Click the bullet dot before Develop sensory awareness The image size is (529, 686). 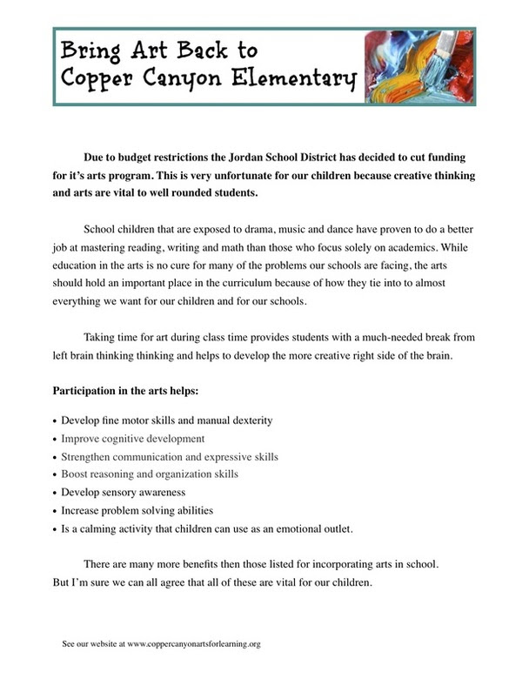(56, 493)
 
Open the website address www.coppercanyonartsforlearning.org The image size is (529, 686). (194, 644)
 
